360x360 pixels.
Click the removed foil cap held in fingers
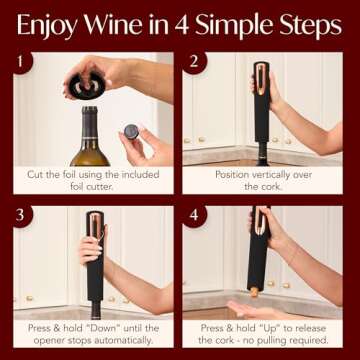click(x=132, y=135)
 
